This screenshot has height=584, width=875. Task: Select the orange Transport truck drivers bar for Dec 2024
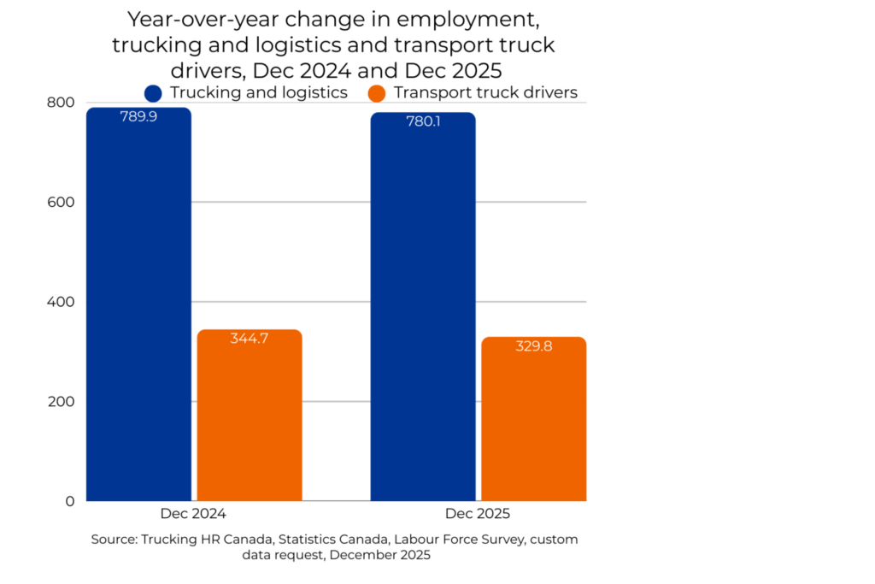point(250,419)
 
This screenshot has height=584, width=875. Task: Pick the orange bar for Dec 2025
point(534,423)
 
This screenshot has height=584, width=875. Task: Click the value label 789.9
point(138,116)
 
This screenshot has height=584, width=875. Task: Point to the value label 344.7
point(250,339)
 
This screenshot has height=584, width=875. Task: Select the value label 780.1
point(423,121)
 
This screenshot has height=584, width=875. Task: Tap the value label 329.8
point(534,346)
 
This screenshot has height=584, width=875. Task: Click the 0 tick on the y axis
point(70,501)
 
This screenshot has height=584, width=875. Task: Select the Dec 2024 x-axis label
point(193,514)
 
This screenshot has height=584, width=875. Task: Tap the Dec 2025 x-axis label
point(478,514)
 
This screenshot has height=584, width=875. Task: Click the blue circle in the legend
point(154,93)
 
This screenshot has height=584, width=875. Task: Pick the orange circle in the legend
point(377,93)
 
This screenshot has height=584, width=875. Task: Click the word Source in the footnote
point(114,540)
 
